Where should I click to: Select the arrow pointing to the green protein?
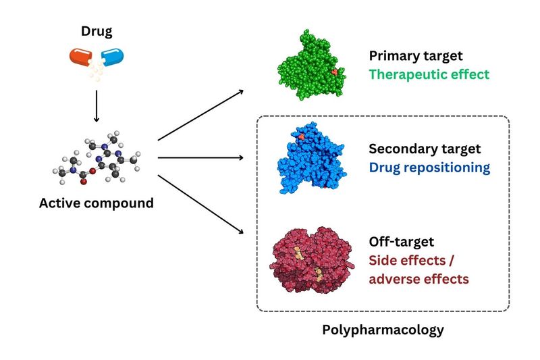click(x=201, y=115)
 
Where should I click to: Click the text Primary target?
click(x=414, y=57)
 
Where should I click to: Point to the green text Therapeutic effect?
click(x=429, y=74)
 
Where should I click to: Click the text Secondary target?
click(x=424, y=149)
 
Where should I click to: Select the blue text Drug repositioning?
click(x=429, y=167)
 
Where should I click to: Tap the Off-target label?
click(x=400, y=241)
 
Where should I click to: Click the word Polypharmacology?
click(x=383, y=330)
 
